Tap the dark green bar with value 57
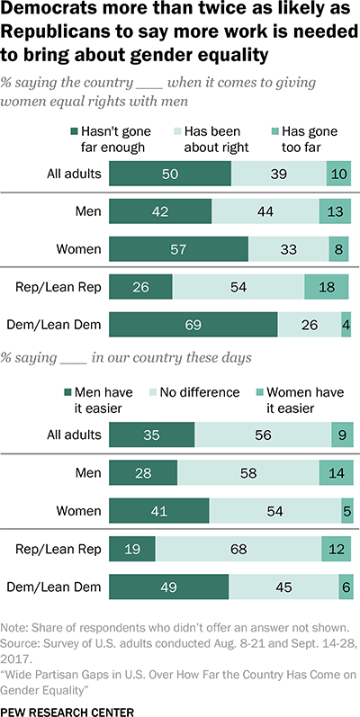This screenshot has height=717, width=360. [x=178, y=248]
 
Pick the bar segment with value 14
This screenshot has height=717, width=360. [x=335, y=471]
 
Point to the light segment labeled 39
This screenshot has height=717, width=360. [x=278, y=173]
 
